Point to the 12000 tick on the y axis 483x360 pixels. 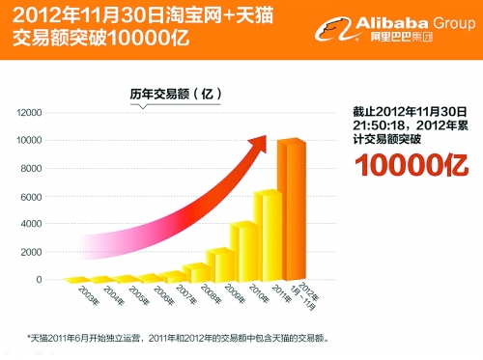pos(29,112)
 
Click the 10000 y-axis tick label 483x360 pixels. pos(29,140)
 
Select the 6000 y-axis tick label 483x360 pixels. pos(32,196)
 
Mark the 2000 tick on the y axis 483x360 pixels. pos(32,252)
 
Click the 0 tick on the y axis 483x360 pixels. pos(39,280)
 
